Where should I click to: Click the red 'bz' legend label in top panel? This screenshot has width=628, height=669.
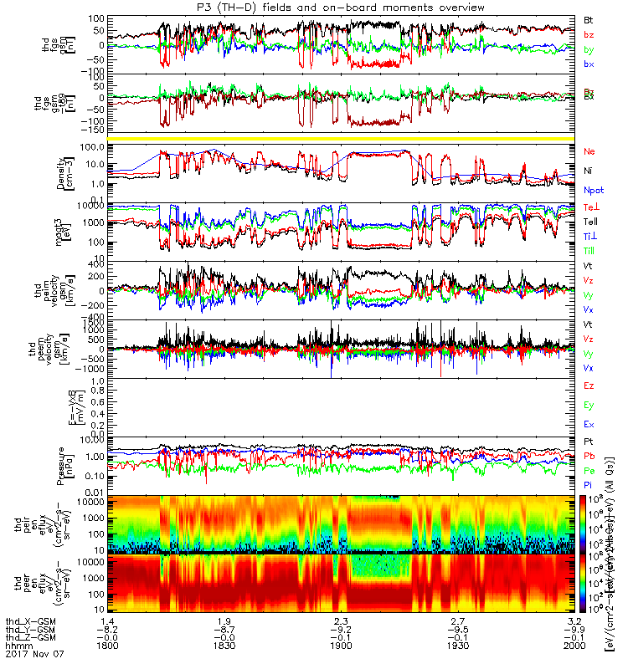[x=589, y=34]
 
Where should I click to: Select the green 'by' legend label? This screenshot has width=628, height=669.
[x=589, y=49]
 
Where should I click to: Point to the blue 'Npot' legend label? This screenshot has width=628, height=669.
[x=593, y=190]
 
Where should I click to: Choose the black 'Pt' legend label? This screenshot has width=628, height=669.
[x=589, y=441]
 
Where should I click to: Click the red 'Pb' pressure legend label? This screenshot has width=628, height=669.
[x=589, y=456]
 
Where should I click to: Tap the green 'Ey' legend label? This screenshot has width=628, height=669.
[x=589, y=406]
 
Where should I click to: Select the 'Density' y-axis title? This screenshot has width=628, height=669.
[x=77, y=171]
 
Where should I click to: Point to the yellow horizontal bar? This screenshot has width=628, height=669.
[x=343, y=137]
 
